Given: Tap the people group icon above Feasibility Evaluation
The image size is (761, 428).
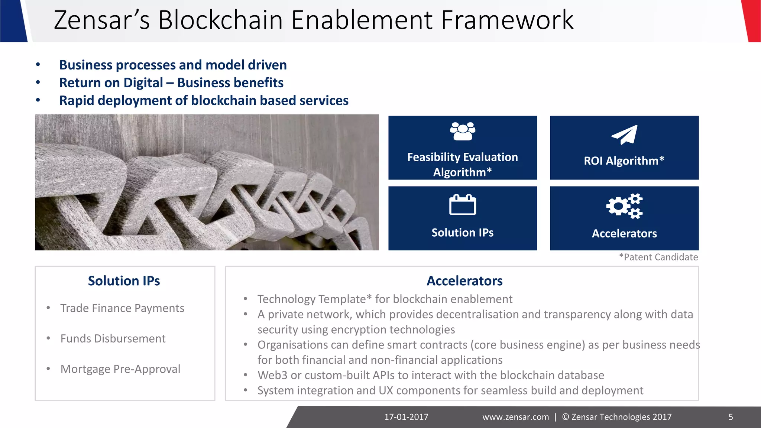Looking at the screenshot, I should pyautogui.click(x=462, y=132).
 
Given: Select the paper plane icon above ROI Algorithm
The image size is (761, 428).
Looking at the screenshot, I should pyautogui.click(x=624, y=135).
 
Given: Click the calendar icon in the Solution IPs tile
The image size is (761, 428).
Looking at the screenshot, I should pyautogui.click(x=462, y=205).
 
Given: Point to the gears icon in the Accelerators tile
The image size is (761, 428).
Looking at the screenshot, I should pyautogui.click(x=624, y=205).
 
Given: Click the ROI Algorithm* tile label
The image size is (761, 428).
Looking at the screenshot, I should pyautogui.click(x=624, y=161).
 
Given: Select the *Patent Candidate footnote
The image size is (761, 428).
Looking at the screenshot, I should pyautogui.click(x=658, y=257).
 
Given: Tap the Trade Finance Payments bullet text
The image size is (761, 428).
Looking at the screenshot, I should pyautogui.click(x=122, y=308).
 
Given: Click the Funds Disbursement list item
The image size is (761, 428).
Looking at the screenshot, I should pyautogui.click(x=113, y=338).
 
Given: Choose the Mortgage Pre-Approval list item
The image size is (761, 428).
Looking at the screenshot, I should pyautogui.click(x=120, y=369).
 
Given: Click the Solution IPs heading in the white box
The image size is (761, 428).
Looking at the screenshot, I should pyautogui.click(x=124, y=281).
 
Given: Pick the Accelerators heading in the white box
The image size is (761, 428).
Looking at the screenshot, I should pyautogui.click(x=464, y=281).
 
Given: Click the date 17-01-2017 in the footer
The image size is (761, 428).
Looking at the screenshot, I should pyautogui.click(x=406, y=417).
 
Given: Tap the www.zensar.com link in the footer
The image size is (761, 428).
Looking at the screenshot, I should pyautogui.click(x=515, y=417).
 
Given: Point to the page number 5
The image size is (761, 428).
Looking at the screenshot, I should pyautogui.click(x=731, y=417).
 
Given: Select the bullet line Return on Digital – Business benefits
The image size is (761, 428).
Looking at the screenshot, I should pyautogui.click(x=171, y=83).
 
